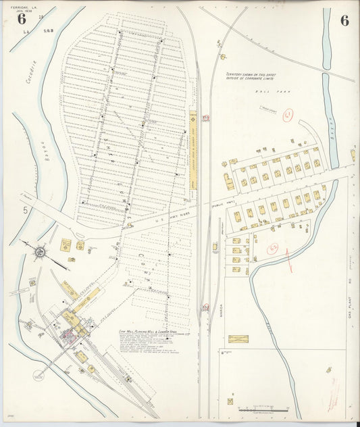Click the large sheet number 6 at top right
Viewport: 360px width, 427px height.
pos(344,20)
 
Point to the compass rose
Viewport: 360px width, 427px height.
pos(39,252)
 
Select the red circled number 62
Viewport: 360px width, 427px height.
pos(275,249)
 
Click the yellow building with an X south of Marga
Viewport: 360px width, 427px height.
pos(238,338)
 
